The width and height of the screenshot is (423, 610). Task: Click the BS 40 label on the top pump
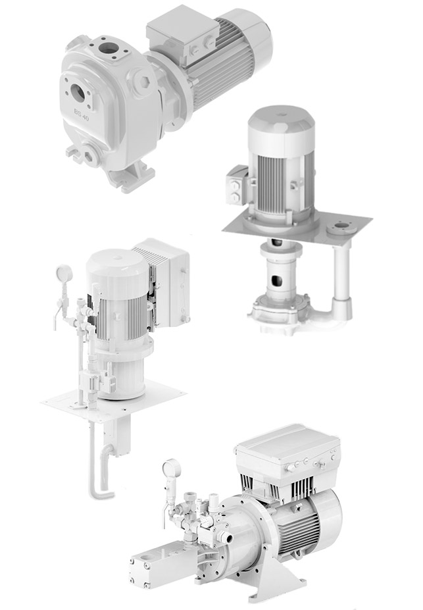tap(82, 114)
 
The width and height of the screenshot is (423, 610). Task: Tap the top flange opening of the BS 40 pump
tap(108, 48)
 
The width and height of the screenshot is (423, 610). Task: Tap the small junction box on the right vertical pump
tap(236, 184)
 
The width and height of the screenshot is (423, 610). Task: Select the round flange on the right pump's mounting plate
tap(341, 227)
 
